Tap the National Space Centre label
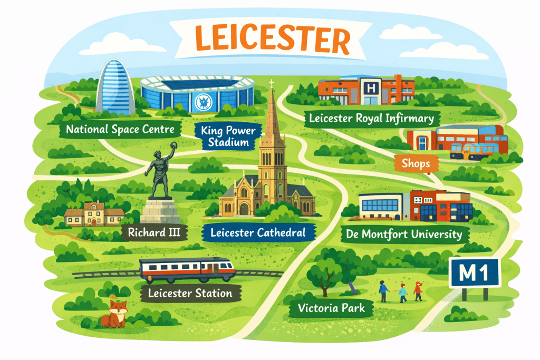pos(121,129)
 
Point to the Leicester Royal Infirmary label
pos(371,118)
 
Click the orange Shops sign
pos(416,163)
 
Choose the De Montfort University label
pos(404,233)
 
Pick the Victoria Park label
pos(331,308)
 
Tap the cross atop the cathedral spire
pos(272,83)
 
